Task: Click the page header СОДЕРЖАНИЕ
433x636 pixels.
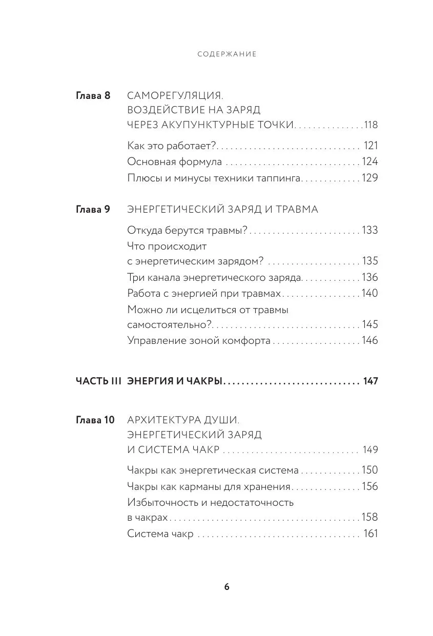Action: [226, 54]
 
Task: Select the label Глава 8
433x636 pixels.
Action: [93, 96]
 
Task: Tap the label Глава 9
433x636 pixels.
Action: [93, 210]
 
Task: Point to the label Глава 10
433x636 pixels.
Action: [95, 420]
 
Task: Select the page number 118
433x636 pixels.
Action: [370, 125]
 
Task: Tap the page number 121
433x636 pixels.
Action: [370, 146]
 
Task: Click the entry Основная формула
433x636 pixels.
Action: [174, 162]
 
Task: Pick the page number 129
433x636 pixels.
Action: [369, 178]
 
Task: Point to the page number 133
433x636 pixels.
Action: [369, 230]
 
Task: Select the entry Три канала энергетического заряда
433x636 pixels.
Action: [214, 277]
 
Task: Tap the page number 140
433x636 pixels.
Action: [369, 293]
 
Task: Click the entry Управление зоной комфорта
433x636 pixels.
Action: [198, 340]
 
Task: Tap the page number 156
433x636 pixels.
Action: [369, 486]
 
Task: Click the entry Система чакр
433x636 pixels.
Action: [160, 534]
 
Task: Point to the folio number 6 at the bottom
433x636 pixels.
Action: [226, 587]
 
